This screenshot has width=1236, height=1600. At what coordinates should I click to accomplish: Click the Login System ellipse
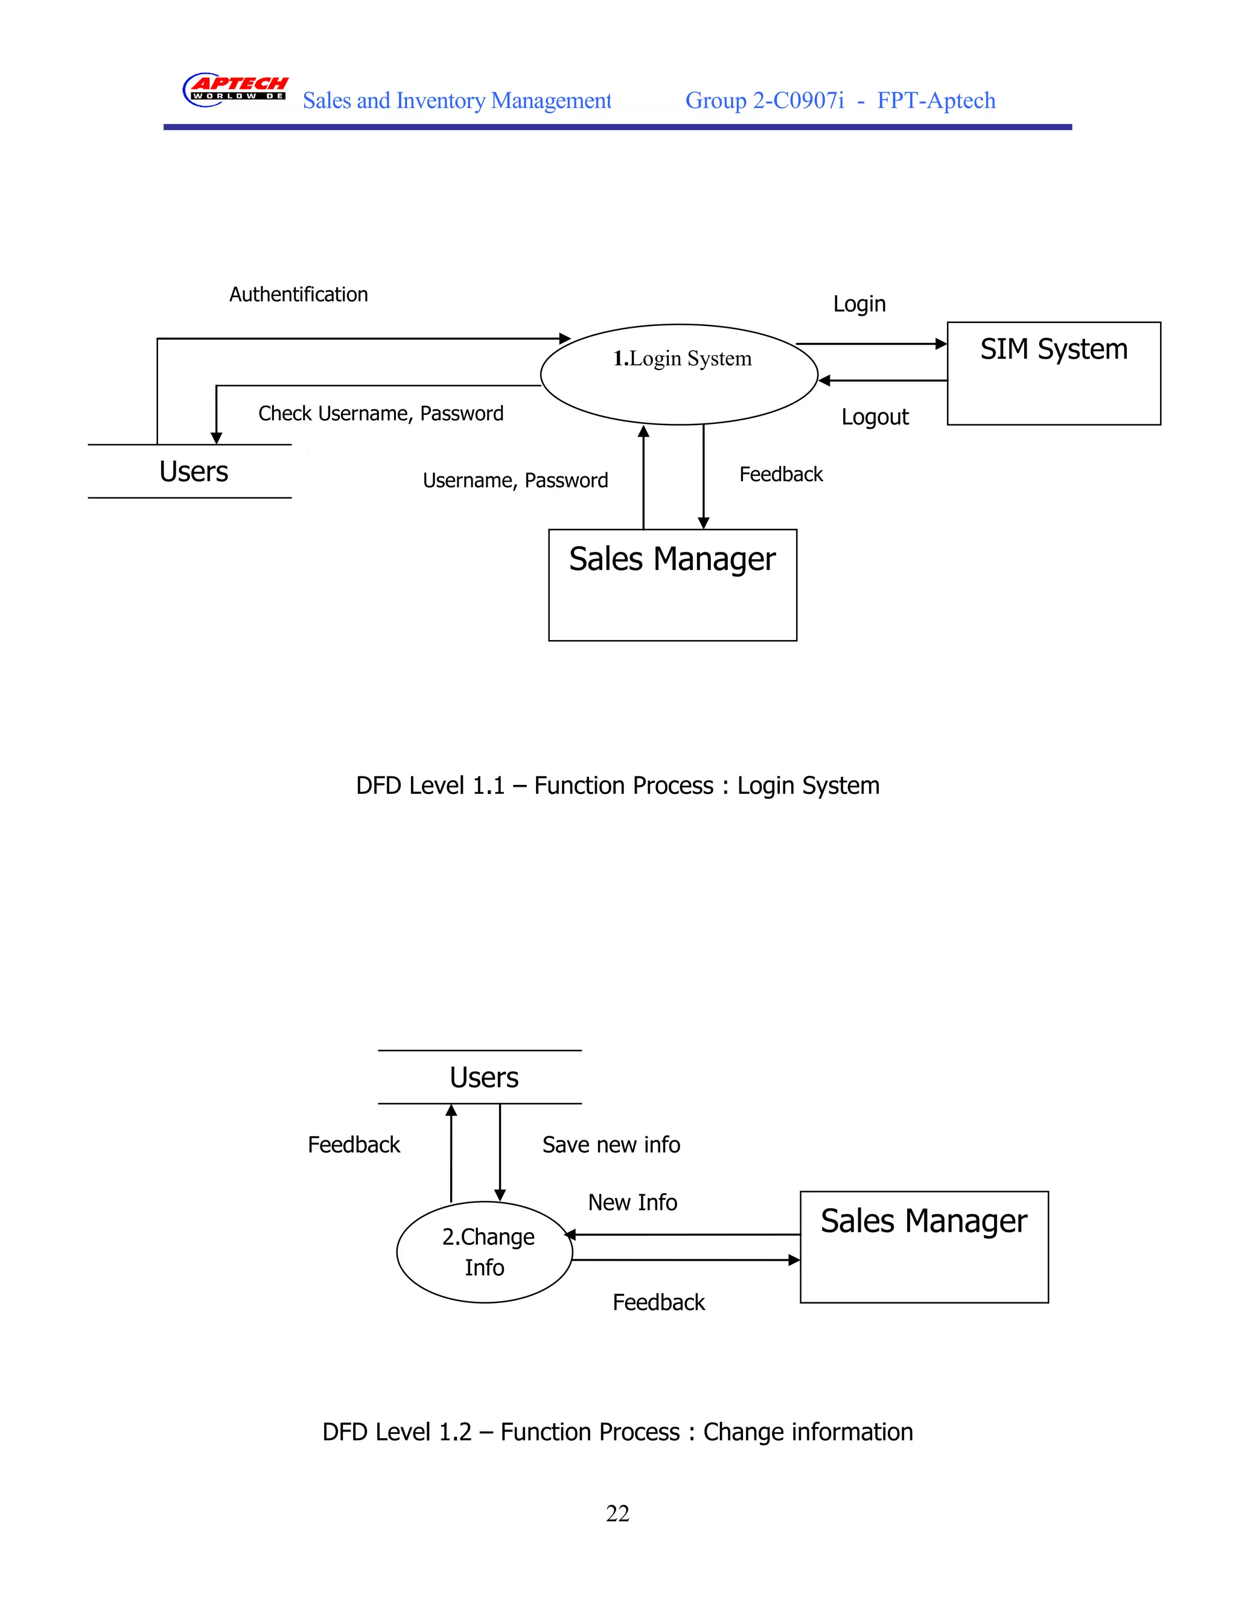(679, 374)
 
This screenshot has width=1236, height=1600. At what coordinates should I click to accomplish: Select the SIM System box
(1053, 373)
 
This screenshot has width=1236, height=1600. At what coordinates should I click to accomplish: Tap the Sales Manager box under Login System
(672, 584)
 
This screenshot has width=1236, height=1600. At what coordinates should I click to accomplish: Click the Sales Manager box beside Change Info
(923, 1247)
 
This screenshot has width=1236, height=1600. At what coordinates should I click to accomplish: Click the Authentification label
(298, 295)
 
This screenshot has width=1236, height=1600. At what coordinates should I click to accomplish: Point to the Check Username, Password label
(381, 414)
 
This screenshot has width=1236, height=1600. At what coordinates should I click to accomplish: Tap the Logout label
(874, 417)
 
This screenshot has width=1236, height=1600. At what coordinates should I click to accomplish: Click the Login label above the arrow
(859, 304)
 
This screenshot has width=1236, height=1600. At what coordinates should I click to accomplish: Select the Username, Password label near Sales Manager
(515, 481)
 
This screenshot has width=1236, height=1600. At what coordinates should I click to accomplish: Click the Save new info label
(611, 1144)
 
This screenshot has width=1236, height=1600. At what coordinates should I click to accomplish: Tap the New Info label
(632, 1202)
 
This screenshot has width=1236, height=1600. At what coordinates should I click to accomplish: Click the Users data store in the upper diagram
(193, 472)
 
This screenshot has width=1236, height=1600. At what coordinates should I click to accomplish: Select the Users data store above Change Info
(483, 1078)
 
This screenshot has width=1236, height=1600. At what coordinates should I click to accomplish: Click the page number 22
(617, 1513)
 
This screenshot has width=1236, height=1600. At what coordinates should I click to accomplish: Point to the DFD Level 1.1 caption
(617, 786)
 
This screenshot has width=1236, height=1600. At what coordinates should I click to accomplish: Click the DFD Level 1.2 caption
(617, 1432)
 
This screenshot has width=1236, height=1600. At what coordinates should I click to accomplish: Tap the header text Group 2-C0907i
(765, 100)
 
